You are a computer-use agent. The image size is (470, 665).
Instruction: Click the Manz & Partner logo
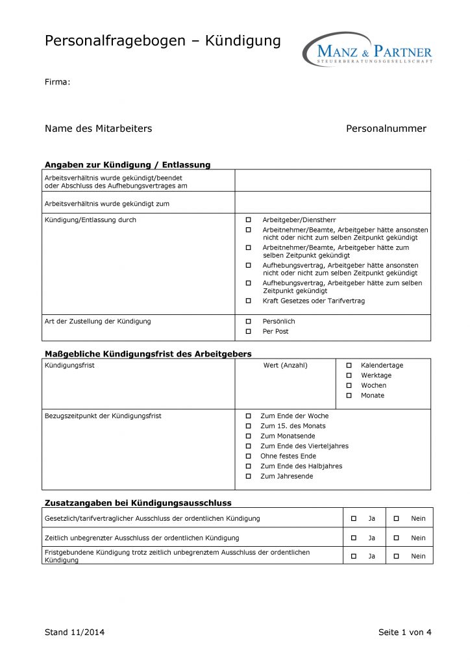click(x=367, y=49)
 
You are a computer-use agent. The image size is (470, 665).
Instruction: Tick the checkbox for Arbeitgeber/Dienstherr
click(x=248, y=220)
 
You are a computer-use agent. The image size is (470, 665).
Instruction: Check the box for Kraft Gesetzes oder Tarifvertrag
click(x=248, y=301)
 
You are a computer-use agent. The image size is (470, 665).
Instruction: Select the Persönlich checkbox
click(x=248, y=321)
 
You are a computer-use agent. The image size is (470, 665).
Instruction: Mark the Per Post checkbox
click(x=248, y=332)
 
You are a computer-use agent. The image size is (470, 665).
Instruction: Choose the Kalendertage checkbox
click(x=349, y=366)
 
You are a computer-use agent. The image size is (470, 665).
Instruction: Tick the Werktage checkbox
click(x=349, y=375)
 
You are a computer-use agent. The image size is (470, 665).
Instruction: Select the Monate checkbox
click(x=349, y=395)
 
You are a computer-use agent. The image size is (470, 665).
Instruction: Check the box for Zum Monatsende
click(x=248, y=436)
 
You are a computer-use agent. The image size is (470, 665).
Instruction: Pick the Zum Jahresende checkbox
click(x=248, y=477)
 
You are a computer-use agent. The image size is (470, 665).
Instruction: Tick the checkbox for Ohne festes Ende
click(x=248, y=457)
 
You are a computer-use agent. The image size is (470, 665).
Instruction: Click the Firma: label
click(x=57, y=82)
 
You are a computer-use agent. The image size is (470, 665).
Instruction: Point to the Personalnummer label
click(x=386, y=129)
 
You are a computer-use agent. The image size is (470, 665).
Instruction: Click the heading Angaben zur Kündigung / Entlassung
click(x=127, y=164)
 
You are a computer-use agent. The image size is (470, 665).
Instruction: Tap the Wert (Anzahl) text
click(x=286, y=366)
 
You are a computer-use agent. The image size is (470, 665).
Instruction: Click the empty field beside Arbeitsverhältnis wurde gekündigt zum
click(x=332, y=203)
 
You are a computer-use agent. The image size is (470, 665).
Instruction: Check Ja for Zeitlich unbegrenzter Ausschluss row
click(x=354, y=538)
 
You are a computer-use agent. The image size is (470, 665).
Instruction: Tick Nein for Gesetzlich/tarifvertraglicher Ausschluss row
click(x=397, y=519)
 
